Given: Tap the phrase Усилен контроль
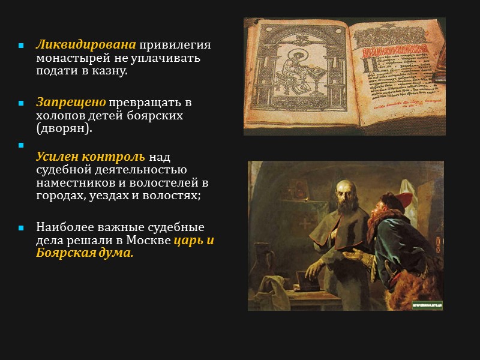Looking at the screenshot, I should point(91,157).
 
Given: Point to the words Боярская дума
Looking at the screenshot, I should point(85,253).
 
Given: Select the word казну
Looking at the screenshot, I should point(112,71).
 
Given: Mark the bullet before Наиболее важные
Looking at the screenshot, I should point(20,228).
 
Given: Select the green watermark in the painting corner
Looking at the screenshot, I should point(427,305).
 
